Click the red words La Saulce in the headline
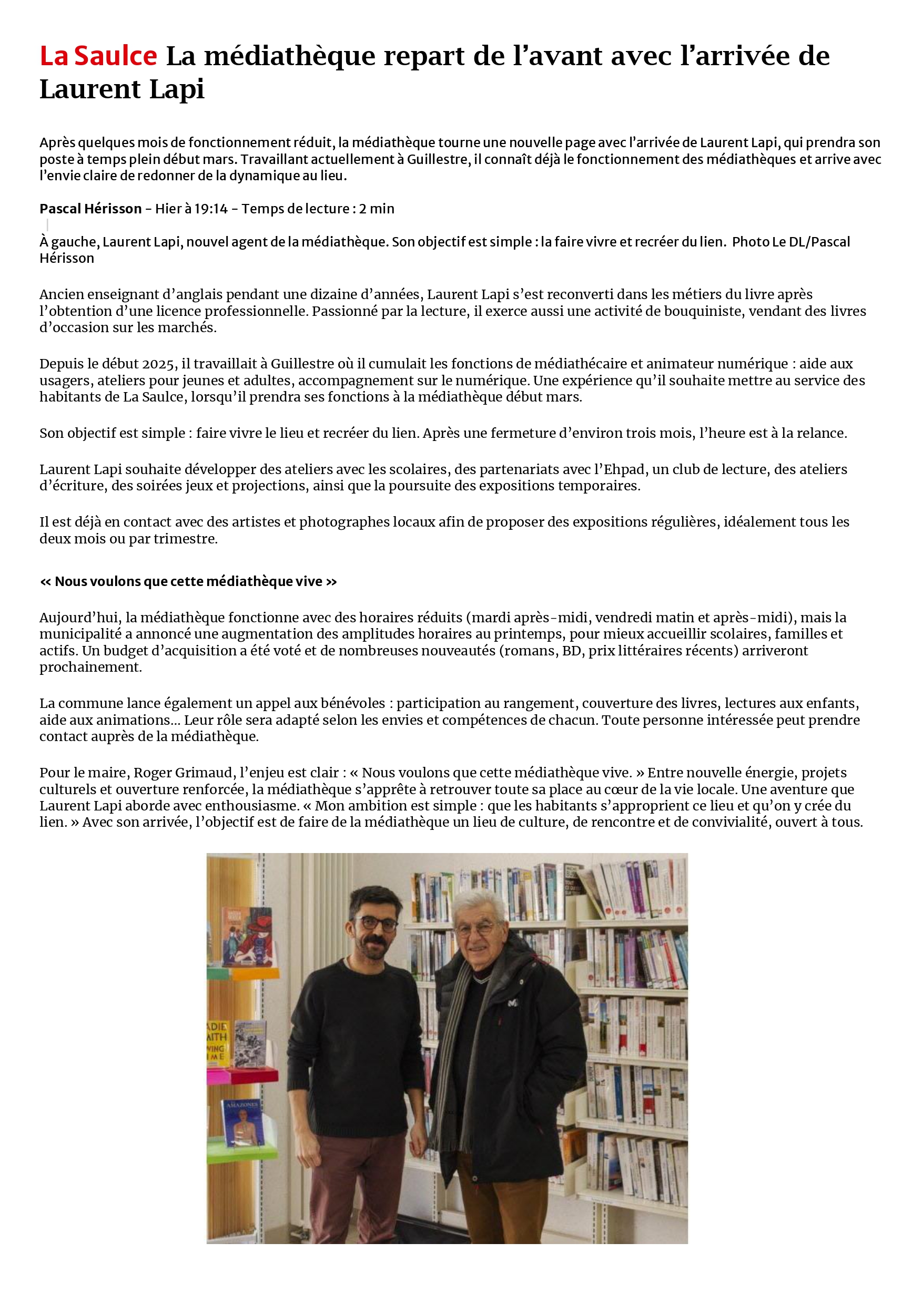(x=98, y=56)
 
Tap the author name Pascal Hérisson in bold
(x=90, y=209)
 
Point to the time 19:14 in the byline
(x=211, y=209)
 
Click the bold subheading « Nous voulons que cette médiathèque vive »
(x=188, y=582)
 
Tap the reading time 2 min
(x=376, y=209)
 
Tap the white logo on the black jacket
(x=513, y=1003)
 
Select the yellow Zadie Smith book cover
(x=217, y=1043)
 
